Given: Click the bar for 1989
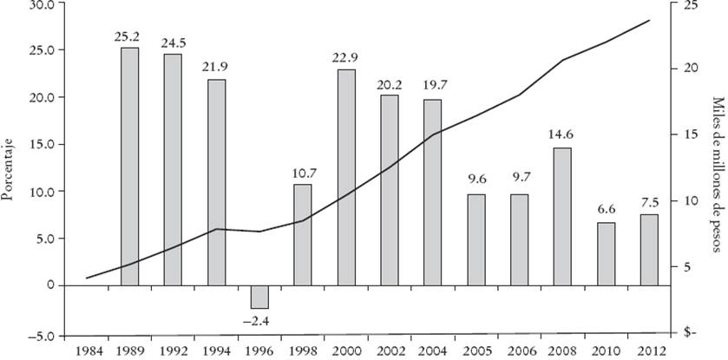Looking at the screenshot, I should pyautogui.click(x=129, y=165).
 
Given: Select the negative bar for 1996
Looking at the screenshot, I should pyautogui.click(x=259, y=296).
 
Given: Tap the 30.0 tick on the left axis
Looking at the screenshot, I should pyautogui.click(x=39, y=4).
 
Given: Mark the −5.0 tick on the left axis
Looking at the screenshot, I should pyautogui.click(x=37, y=335).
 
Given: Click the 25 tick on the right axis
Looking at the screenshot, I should pyautogui.click(x=692, y=4).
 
